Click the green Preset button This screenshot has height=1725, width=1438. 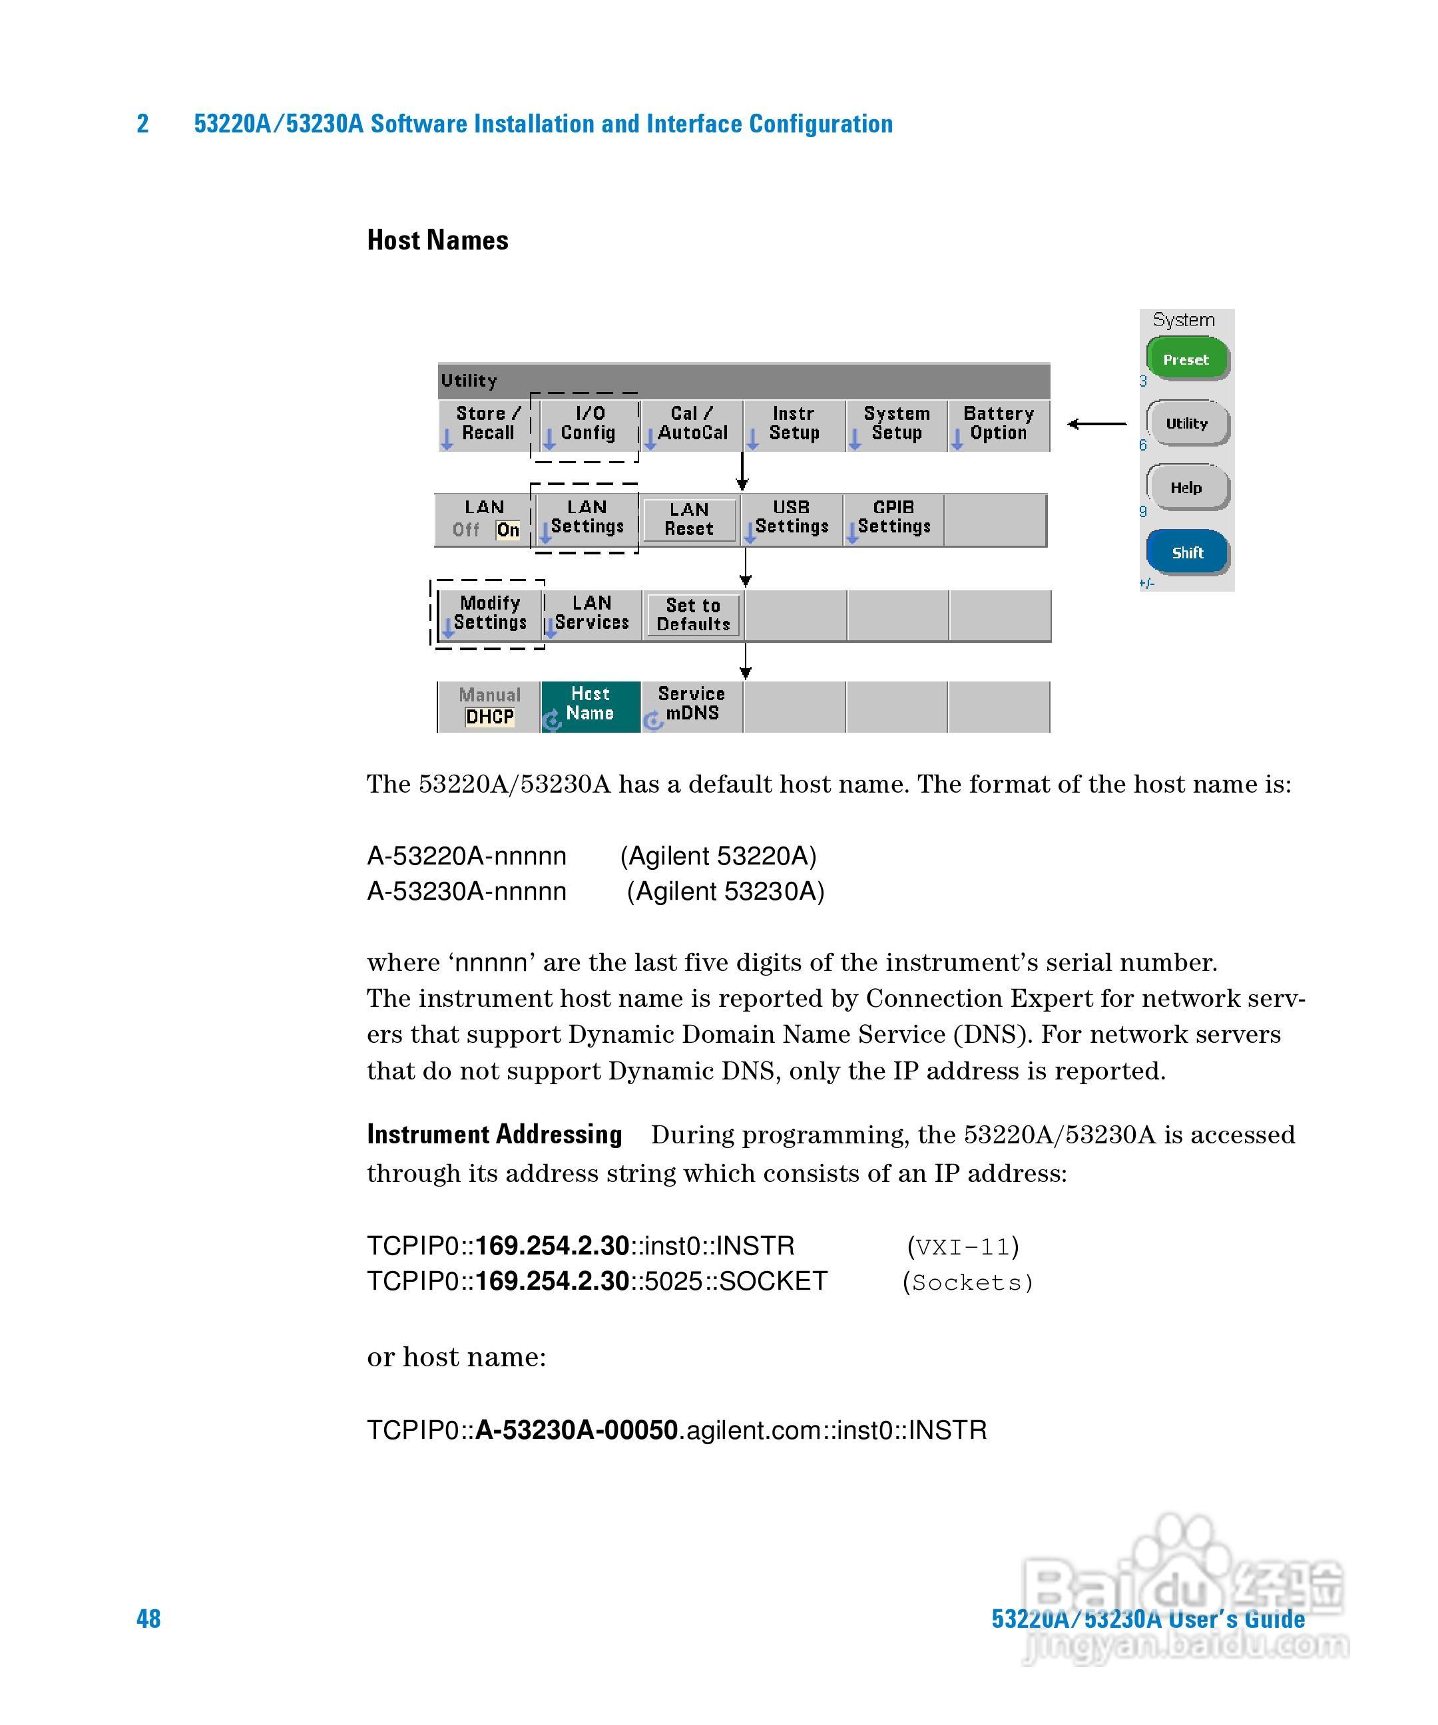1186,359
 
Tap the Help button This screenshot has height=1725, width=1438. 1186,487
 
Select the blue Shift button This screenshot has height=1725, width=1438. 1186,552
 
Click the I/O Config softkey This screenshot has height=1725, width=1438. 587,424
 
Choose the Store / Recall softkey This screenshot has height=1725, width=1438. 487,424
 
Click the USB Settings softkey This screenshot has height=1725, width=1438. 792,518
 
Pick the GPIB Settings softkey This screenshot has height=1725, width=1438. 893,518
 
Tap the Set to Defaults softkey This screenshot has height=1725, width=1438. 693,614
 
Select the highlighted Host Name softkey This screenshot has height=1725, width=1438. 590,705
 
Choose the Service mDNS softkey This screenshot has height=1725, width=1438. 691,705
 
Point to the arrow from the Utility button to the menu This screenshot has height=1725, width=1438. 1097,424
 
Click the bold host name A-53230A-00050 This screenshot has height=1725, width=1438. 576,1430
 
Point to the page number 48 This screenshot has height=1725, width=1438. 148,1619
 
